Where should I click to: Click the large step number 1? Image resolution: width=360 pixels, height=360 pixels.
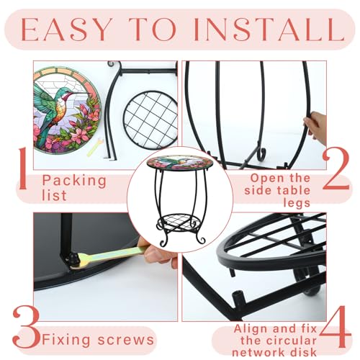tap(23, 168)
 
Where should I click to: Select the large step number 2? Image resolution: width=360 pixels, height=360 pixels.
tap(336, 168)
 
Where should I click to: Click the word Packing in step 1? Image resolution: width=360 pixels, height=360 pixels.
tap(74, 181)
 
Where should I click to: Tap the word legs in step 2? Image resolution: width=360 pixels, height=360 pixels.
tap(297, 203)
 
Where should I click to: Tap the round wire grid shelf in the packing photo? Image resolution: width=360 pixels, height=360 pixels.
tap(150, 120)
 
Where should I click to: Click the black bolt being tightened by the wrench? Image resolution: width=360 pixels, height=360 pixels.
tap(73, 258)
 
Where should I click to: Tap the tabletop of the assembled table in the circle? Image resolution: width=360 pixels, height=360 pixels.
tap(180, 163)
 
